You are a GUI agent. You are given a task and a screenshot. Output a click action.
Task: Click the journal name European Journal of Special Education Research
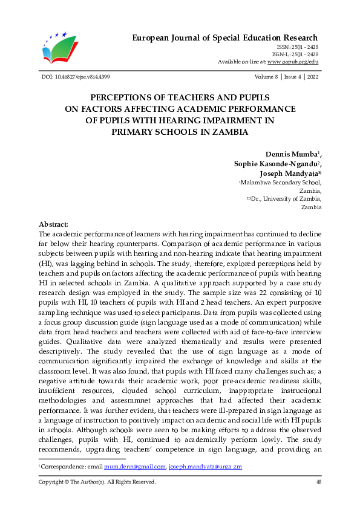[225, 38]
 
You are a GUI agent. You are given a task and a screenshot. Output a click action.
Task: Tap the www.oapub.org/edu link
[293, 62]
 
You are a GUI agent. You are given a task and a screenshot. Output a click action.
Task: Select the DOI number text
[75, 77]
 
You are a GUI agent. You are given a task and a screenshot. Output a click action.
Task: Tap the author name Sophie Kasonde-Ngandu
[277, 164]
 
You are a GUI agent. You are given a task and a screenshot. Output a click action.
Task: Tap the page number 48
[318, 482]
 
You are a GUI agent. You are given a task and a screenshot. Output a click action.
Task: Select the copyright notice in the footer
[97, 482]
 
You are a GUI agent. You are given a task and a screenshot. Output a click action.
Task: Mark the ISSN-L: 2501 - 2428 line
[298, 54]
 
